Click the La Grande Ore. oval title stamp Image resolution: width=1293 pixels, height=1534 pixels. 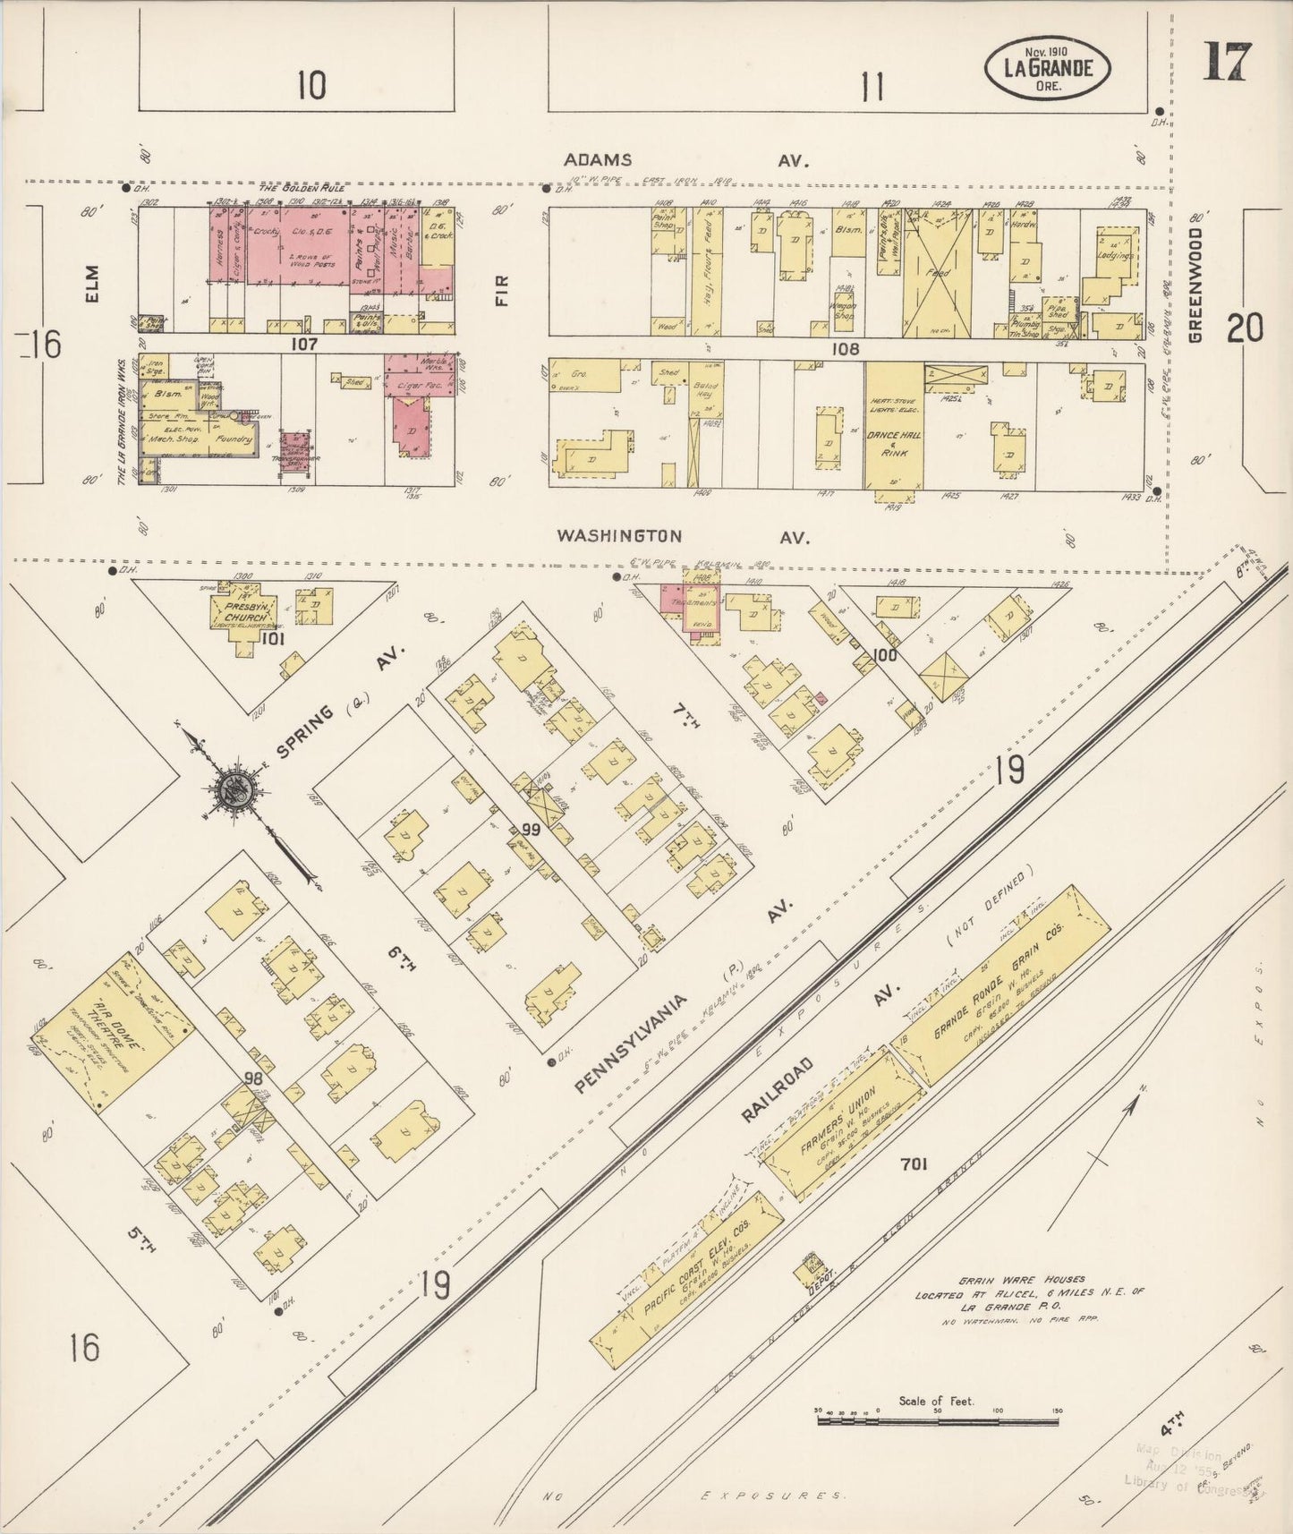pos(1048,68)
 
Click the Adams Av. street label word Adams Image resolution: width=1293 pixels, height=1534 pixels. pos(597,160)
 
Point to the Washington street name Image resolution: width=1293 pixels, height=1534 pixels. pos(619,536)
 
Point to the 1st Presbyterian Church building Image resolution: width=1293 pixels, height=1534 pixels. pos(242,610)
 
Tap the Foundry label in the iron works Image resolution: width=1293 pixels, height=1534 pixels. pos(234,439)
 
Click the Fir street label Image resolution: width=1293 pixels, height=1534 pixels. pos(501,291)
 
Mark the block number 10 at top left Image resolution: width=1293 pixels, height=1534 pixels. pos(311,87)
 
